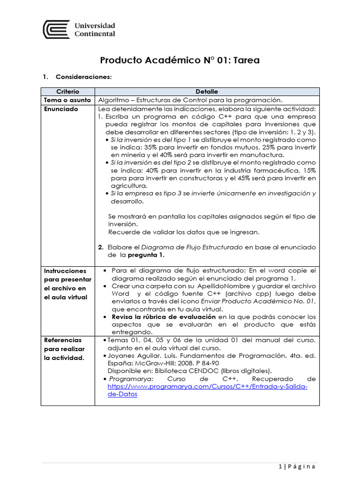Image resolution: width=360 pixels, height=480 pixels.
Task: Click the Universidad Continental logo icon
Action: click(x=56, y=29)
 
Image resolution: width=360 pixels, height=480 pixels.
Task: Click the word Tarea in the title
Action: click(x=243, y=60)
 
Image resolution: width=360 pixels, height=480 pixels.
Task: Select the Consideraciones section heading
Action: click(x=83, y=76)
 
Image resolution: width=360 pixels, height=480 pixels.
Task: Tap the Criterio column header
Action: click(x=68, y=91)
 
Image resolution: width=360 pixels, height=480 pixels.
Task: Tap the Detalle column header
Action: click(x=207, y=91)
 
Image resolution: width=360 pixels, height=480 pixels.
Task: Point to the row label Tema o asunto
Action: click(x=67, y=100)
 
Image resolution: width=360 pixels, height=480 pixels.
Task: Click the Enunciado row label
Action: click(x=61, y=109)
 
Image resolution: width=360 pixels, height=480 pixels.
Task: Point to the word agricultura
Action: click(x=127, y=186)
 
